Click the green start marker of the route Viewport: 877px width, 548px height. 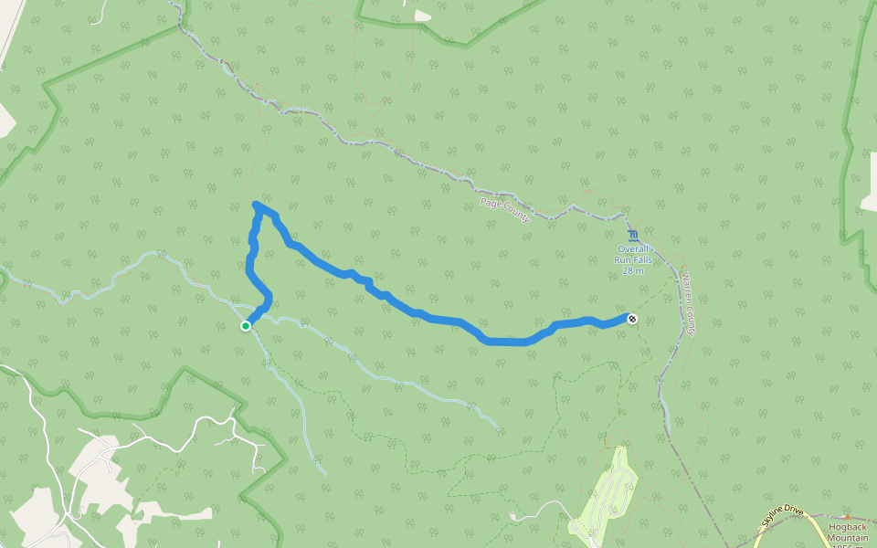pyautogui.click(x=246, y=326)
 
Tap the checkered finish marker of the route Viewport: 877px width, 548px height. pyautogui.click(x=631, y=318)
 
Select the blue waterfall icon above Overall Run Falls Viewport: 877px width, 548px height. pyautogui.click(x=634, y=236)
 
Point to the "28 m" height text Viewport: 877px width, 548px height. pyautogui.click(x=633, y=270)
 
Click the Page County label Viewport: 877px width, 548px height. pyautogui.click(x=505, y=208)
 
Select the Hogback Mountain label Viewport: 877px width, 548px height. pyautogui.click(x=847, y=532)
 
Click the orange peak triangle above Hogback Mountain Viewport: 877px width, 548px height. pyautogui.click(x=847, y=517)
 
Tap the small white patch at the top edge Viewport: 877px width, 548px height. pyautogui.click(x=422, y=16)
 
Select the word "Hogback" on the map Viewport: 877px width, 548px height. pyautogui.click(x=847, y=527)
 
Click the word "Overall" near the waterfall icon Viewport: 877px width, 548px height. pyautogui.click(x=633, y=248)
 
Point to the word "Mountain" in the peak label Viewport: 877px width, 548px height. pyautogui.click(x=847, y=538)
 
